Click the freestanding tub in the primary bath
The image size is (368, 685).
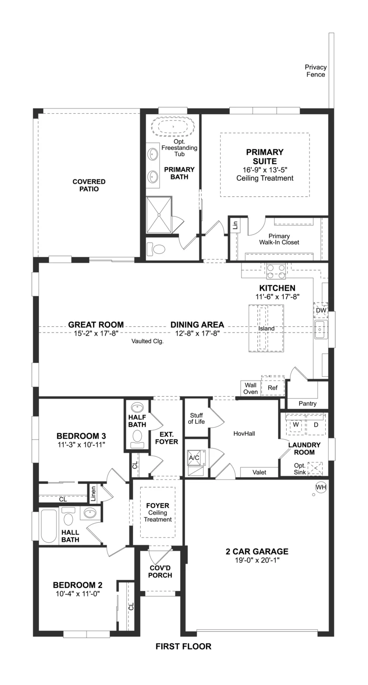coord(173,126)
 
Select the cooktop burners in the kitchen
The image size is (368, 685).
coord(276,272)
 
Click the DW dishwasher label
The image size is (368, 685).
coord(321,310)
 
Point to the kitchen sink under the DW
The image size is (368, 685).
coord(320,329)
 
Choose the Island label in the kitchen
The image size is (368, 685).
coord(266,328)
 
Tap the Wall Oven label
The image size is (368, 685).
coord(251,388)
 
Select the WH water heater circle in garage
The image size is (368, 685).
coord(321,487)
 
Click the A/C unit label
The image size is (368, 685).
coord(194,458)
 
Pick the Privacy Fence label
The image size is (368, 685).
coord(316,70)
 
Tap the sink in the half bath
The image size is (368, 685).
coord(137,407)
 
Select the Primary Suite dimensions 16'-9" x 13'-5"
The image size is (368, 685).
coord(265,170)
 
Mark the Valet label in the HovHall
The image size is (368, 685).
coord(259,472)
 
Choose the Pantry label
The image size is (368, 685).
coord(308,404)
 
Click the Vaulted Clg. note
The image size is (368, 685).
coord(147,341)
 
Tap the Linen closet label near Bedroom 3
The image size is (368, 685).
coord(93,494)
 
